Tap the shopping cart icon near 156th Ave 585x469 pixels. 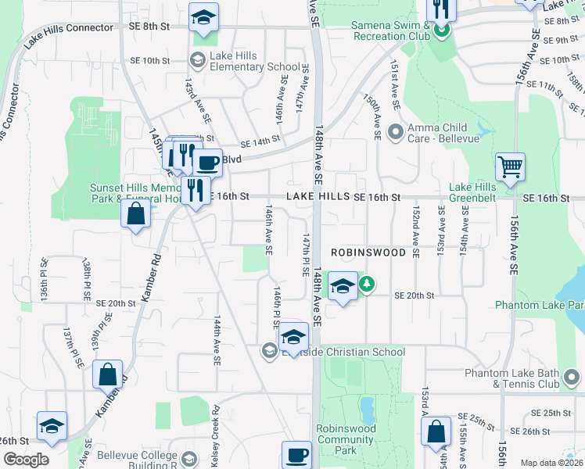pos(510,166)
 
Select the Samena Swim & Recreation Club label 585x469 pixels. pos(391,30)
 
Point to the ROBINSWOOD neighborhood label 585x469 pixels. pos(368,252)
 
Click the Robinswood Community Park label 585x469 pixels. pos(346,439)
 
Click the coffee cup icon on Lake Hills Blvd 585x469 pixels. pos(207,163)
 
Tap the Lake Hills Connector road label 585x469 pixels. pos(69,37)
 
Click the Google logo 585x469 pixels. pos(26,460)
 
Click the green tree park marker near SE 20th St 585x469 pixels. pos(364,286)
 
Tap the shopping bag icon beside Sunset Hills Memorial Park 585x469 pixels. pos(136,213)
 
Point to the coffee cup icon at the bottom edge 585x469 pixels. pos(296,455)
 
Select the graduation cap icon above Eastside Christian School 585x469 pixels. pos(293,336)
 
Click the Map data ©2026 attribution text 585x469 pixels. pos(552,463)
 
